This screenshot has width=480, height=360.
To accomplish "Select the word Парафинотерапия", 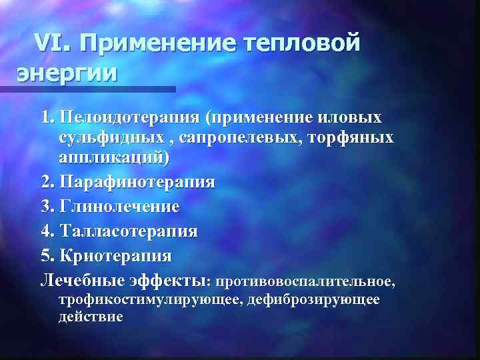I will [x=137, y=183].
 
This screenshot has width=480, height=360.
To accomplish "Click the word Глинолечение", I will [x=119, y=207].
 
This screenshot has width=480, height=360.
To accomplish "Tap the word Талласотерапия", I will [x=129, y=231].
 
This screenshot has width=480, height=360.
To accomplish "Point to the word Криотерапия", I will [x=115, y=256].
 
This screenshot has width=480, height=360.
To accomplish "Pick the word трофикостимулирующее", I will [x=150, y=299].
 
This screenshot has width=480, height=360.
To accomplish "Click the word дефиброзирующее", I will [x=313, y=299].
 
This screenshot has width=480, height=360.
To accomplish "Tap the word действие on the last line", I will [x=91, y=316].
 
